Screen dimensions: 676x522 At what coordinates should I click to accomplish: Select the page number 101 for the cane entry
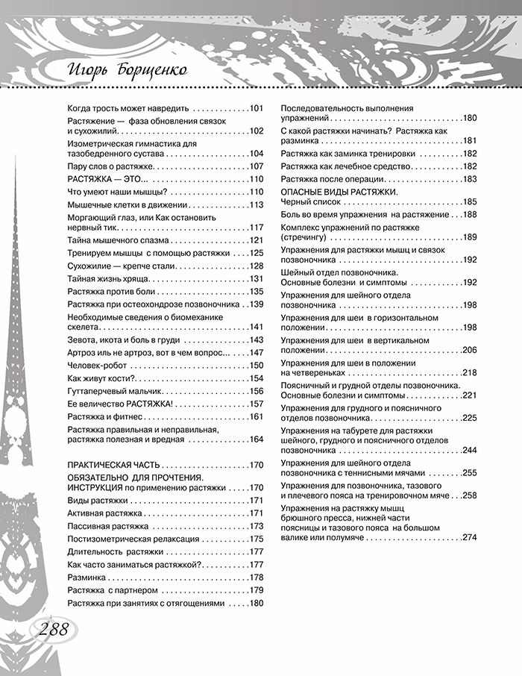(257, 108)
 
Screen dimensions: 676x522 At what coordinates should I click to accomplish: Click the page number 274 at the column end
(469, 537)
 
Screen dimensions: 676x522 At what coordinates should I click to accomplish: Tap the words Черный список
(309, 201)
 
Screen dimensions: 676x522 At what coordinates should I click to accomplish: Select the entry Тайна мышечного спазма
(118, 240)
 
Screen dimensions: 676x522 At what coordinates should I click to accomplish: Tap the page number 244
(469, 450)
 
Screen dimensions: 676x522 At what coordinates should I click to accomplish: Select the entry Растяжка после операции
(332, 179)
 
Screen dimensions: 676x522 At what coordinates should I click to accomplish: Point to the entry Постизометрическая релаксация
(133, 539)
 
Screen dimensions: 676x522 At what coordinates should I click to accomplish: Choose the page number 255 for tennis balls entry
(469, 473)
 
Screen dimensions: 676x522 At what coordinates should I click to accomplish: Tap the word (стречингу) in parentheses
(304, 237)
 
